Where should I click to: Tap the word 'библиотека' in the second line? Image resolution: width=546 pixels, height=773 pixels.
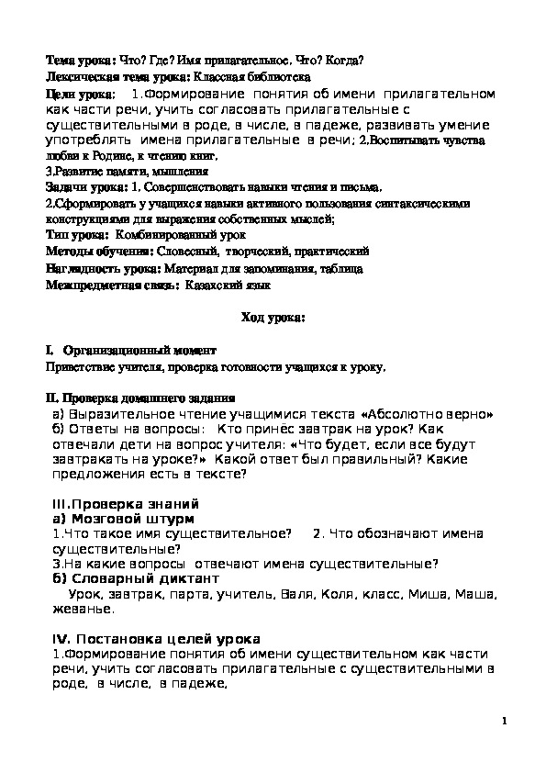tap(281, 77)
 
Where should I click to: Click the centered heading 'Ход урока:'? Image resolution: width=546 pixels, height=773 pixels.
tap(273, 319)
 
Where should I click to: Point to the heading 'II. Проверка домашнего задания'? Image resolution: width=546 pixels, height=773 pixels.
tap(140, 399)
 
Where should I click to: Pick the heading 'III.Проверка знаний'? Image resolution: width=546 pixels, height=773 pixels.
tap(125, 504)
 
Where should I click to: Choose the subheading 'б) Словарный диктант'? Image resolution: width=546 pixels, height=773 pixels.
tap(135, 579)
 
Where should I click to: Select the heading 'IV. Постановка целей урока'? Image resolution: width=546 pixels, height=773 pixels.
tap(154, 638)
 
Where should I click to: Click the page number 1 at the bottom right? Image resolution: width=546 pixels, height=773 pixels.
tap(505, 722)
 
